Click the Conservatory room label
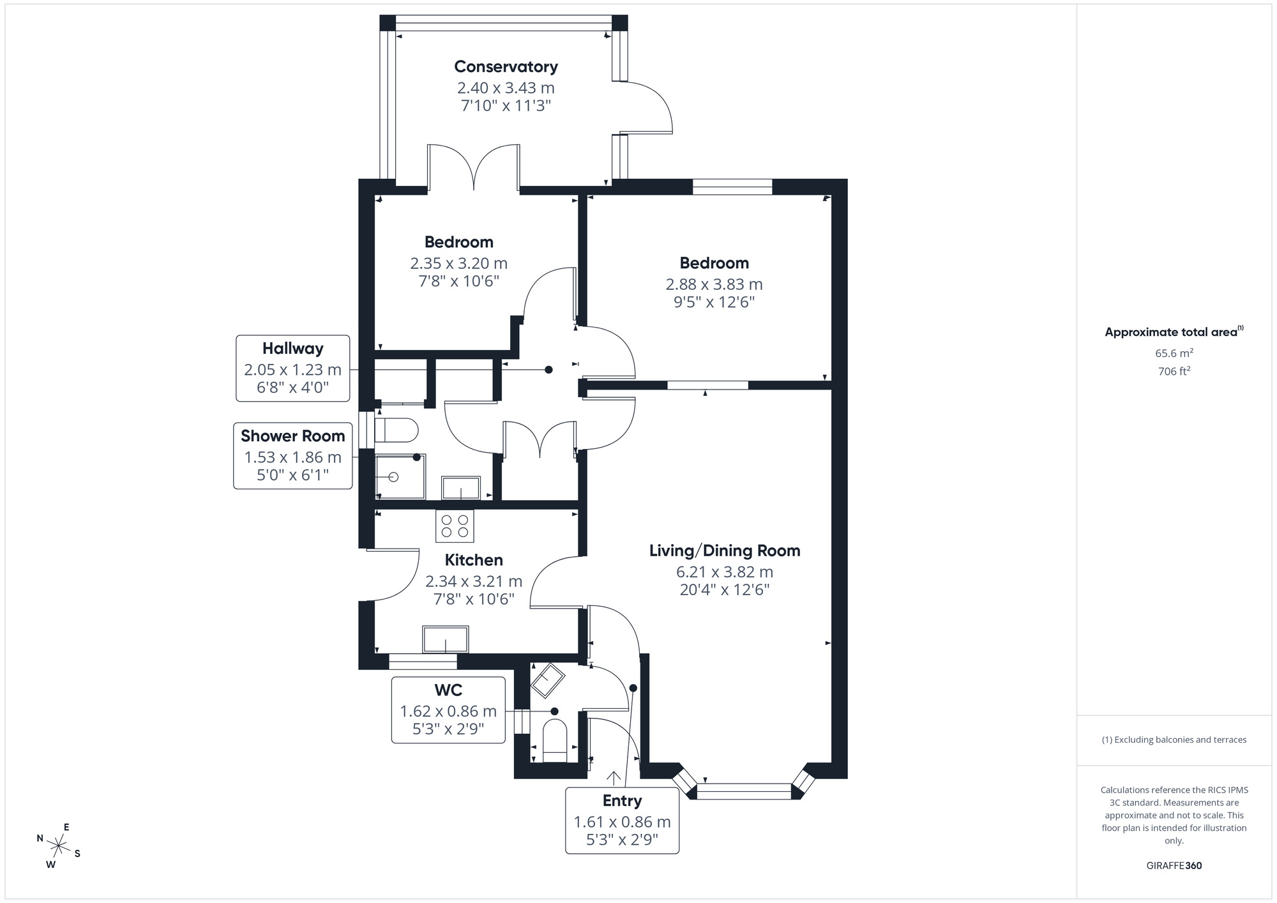506,66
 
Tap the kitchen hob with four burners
455,526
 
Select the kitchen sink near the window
445,639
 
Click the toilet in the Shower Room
397,430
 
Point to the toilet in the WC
554,741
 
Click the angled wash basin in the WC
548,681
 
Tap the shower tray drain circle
393,477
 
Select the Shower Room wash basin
460,488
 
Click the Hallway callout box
292,368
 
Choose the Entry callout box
622,821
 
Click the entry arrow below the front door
614,778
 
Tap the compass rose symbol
59,846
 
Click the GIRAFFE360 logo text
1174,866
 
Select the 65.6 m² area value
1174,353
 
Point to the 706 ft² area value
1174,371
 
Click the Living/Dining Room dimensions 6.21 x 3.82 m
724,572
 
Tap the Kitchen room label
474,560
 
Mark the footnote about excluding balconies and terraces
1174,740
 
